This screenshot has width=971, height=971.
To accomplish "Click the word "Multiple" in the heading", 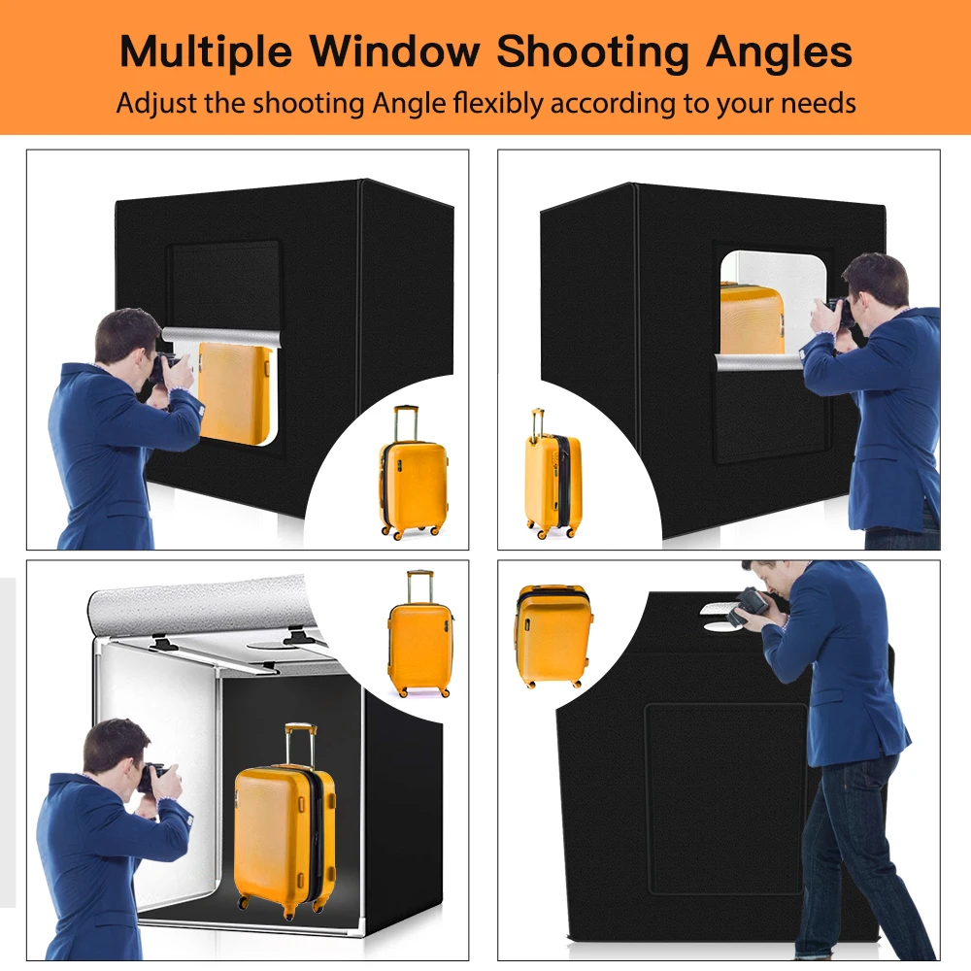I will click(201, 51).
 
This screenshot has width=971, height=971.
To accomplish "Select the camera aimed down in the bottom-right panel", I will click(749, 604).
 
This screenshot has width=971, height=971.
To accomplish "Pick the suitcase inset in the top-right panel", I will click(552, 477).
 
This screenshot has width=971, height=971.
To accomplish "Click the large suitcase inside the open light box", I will click(285, 835).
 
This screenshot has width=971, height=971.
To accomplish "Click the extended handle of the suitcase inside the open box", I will click(299, 742).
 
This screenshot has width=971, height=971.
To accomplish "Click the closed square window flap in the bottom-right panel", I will click(725, 796).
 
